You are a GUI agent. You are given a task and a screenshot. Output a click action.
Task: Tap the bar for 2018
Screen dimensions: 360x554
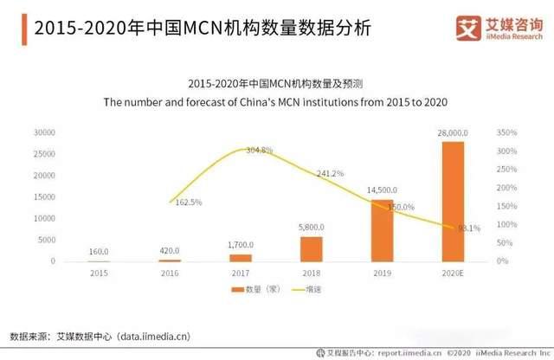tap(312, 249)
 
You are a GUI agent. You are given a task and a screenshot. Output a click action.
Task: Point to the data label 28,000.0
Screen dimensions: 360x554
tap(454, 132)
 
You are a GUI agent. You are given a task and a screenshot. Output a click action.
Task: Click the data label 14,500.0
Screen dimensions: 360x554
tap(382, 190)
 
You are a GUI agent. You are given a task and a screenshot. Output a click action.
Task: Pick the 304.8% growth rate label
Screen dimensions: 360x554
tap(259, 151)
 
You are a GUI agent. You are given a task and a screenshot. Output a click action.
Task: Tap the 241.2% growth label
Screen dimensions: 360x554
tap(331, 173)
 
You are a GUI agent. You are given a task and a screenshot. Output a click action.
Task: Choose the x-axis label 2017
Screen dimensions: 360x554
tap(241, 273)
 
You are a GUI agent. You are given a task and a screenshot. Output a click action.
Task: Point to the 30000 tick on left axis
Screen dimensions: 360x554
tap(45, 133)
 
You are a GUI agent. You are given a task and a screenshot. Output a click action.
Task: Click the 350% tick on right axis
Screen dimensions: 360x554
tap(507, 133)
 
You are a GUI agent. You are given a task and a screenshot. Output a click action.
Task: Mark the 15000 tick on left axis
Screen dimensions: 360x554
tap(45, 197)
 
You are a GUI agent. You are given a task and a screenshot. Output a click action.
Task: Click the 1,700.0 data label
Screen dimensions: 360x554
tap(240, 245)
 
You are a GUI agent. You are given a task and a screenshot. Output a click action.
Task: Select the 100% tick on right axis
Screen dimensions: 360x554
tap(507, 225)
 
